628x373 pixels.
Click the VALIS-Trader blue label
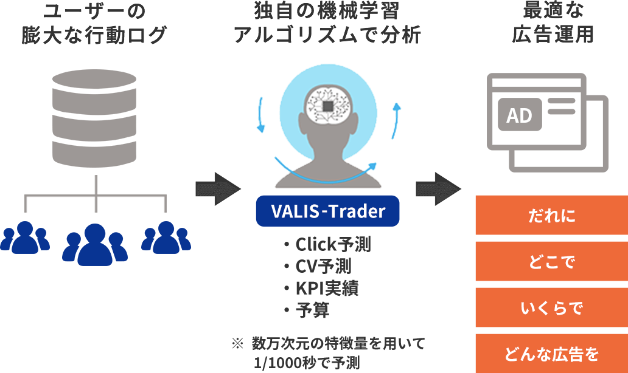[x=327, y=211]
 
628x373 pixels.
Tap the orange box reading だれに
[x=551, y=215]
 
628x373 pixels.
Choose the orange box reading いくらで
[x=551, y=307]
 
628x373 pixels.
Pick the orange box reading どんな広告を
[x=551, y=354]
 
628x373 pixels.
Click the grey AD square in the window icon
[x=519, y=114]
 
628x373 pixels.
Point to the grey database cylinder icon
[x=96, y=118]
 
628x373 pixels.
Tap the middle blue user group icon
[x=95, y=244]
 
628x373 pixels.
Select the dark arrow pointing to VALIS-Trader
[x=218, y=188]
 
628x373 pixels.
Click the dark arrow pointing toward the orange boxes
[x=438, y=188]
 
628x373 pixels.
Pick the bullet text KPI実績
[x=327, y=288]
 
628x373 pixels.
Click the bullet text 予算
[x=312, y=310]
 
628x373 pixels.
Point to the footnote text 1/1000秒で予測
[x=308, y=363]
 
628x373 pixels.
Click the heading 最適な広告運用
[x=553, y=24]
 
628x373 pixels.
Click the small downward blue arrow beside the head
[x=261, y=115]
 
